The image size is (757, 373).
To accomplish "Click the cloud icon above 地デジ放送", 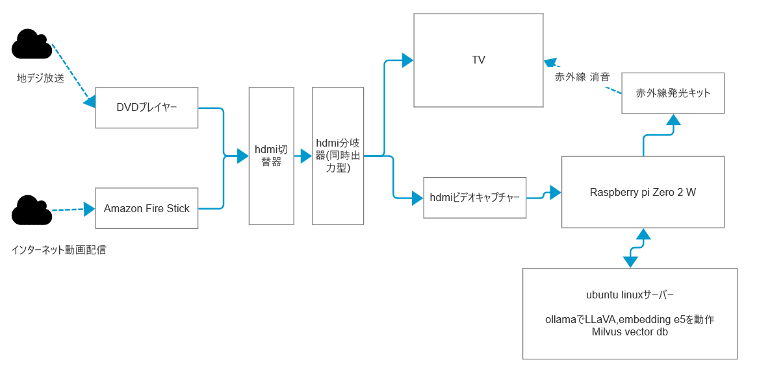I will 31,45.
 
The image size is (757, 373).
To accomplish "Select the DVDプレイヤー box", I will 147,107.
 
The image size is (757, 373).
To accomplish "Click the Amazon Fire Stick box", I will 147,208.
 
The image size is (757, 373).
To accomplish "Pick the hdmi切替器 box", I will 271,156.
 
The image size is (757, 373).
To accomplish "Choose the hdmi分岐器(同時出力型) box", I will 338,156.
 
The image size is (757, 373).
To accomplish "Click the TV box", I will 478,60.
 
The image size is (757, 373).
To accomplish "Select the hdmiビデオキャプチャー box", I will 474,197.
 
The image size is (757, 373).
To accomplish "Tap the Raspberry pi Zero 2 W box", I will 643,192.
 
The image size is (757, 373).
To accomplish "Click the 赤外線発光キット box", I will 673,93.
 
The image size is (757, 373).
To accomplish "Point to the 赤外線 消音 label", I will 582,77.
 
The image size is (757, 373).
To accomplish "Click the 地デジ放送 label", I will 40,78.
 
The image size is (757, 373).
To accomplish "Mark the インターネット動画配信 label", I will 58,250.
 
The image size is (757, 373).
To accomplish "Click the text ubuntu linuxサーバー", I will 630,295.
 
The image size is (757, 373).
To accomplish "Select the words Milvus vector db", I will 630,332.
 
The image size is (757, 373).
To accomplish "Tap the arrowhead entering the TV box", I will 408,60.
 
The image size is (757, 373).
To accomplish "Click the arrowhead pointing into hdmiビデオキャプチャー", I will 417,198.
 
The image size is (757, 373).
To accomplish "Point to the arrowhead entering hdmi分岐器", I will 306,156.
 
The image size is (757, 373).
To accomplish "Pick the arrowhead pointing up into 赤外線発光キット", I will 673,119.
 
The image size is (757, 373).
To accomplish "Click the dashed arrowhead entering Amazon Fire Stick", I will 90,208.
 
